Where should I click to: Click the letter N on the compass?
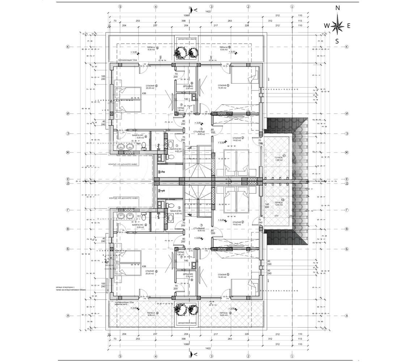pyautogui.click(x=338, y=8)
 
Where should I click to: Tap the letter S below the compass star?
pyautogui.click(x=337, y=41)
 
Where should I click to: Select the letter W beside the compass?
pyautogui.click(x=326, y=25)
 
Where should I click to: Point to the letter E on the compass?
pyautogui.click(x=349, y=25)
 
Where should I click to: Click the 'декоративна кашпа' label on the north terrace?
pyautogui.click(x=187, y=38)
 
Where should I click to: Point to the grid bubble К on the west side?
pyautogui.click(x=67, y=47)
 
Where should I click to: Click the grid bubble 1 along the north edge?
pyautogui.click(x=292, y=6)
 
